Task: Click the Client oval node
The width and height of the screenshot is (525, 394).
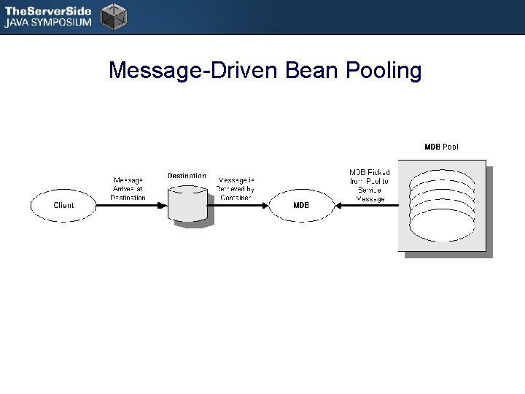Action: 63,205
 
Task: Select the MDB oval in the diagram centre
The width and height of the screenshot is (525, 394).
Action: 301,205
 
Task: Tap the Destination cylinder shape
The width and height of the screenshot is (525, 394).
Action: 187,204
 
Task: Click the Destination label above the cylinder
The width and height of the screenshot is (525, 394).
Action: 187,176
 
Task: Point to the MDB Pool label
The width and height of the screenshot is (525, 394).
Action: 442,147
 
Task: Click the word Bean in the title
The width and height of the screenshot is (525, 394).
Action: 305,71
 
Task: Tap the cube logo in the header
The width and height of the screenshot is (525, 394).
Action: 113,16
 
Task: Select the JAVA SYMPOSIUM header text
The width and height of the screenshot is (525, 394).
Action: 48,23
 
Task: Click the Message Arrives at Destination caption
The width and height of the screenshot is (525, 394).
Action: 128,188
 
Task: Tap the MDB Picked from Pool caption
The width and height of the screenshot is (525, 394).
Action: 370,185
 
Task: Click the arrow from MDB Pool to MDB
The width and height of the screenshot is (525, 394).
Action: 368,205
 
